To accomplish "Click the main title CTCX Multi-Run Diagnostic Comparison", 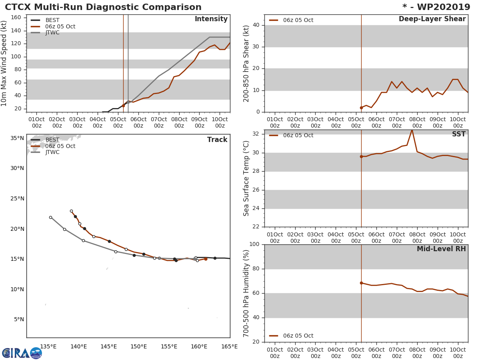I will [103, 7].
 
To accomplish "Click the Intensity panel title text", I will [211, 19].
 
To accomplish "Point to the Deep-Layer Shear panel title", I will [432, 19].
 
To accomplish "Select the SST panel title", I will [458, 134].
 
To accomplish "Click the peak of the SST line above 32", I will [412, 130].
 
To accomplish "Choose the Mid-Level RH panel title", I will [441, 249].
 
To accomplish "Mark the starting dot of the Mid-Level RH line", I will [361, 283].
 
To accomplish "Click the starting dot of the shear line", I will [361, 108].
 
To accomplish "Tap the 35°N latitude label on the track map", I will [17, 138].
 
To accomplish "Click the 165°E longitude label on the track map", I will [230, 346].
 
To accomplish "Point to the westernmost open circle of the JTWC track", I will [50, 217].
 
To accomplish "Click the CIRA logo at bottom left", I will [22, 353].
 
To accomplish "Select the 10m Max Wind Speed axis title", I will [4, 63].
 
